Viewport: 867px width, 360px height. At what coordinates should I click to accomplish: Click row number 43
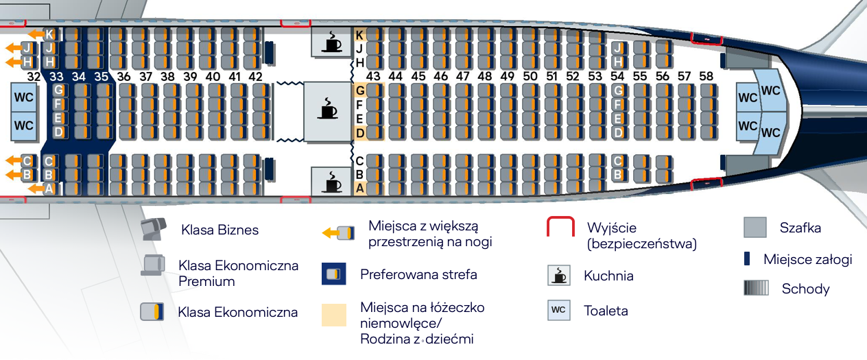click(x=373, y=77)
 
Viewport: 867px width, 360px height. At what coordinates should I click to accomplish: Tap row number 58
click(x=706, y=76)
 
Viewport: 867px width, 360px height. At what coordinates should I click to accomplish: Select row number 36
click(x=123, y=77)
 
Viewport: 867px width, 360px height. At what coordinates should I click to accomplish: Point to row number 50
click(x=530, y=77)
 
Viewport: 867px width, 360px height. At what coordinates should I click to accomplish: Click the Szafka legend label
click(x=800, y=228)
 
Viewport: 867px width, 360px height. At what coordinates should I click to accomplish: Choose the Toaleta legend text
click(x=606, y=311)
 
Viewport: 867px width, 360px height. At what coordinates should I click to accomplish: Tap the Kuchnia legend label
click(x=608, y=276)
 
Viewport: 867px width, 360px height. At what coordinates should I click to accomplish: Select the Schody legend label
click(x=805, y=289)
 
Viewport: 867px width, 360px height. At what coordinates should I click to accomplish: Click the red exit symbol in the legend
click(x=560, y=228)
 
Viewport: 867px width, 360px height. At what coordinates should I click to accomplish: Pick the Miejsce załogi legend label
click(x=807, y=259)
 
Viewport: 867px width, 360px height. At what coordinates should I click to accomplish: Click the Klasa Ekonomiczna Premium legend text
click(x=238, y=273)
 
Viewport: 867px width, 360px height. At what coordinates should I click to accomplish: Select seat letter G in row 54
click(x=618, y=90)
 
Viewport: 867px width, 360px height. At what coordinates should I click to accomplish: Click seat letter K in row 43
click(x=359, y=34)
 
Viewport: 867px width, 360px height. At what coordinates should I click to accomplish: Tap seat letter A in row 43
click(x=359, y=188)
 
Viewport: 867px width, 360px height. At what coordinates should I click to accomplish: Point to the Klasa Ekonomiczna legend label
click(x=237, y=312)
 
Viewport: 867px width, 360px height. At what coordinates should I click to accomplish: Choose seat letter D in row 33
click(x=58, y=131)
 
